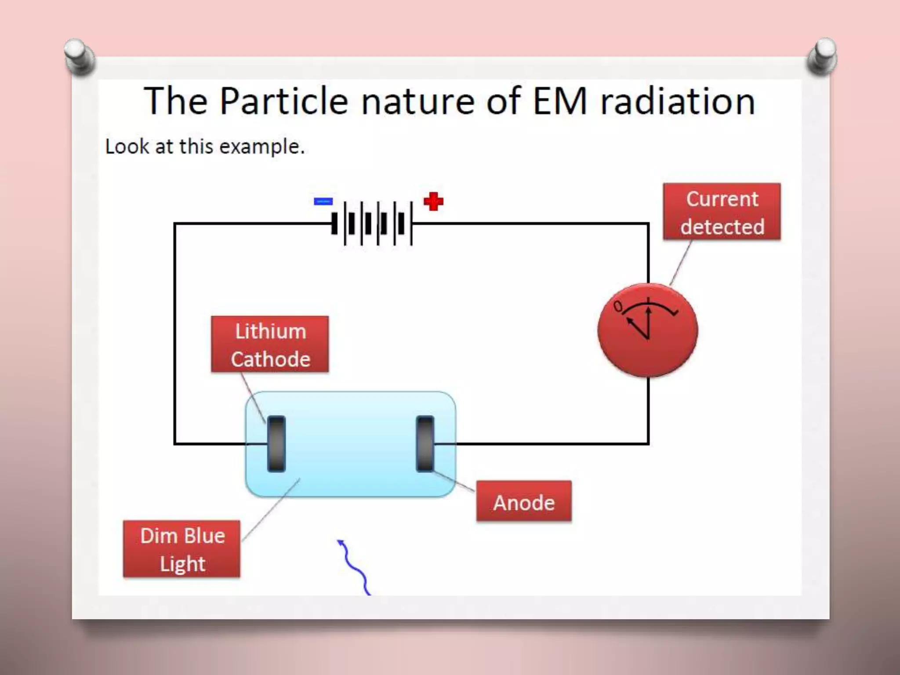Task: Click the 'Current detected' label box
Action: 722,212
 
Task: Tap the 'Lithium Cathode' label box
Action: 270,345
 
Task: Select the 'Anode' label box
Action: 524,502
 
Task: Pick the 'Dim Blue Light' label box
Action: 182,549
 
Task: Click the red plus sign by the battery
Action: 433,202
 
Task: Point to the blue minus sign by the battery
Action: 323,201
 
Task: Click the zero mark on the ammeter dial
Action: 618,306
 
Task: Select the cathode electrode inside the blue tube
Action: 276,444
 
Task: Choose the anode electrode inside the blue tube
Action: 425,444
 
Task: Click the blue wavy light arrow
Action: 354,567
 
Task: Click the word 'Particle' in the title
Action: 284,102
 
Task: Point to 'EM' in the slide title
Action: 559,102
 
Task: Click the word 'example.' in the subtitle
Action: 262,147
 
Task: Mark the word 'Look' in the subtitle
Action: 127,146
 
